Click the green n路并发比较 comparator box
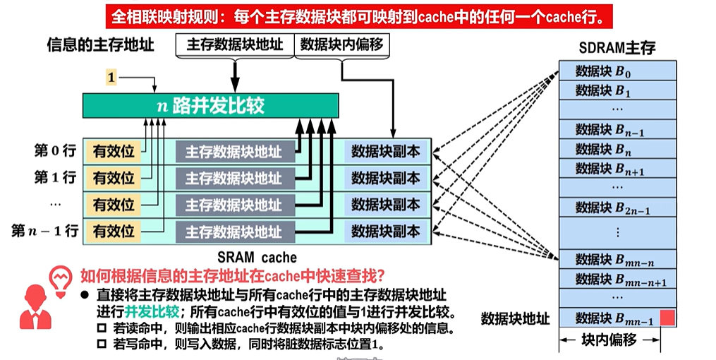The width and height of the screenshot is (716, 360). pyautogui.click(x=210, y=106)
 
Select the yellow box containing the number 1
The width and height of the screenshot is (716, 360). pyautogui.click(x=111, y=76)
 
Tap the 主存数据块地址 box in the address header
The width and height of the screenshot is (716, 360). pyautogui.click(x=235, y=45)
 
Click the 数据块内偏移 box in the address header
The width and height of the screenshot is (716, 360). pyautogui.click(x=341, y=45)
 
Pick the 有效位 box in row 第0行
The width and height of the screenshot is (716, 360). pyautogui.click(x=113, y=151)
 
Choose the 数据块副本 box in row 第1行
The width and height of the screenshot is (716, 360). pyautogui.click(x=385, y=178)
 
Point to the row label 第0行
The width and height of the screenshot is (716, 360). pyautogui.click(x=54, y=151)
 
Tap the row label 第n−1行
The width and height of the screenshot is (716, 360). pyautogui.click(x=44, y=231)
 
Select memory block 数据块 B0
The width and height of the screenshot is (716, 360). pyautogui.click(x=609, y=71)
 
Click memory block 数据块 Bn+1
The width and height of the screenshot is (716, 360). pyautogui.click(x=609, y=169)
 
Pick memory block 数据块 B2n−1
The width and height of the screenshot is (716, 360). pyautogui.click(x=609, y=208)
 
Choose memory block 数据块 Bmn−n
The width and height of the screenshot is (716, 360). pyautogui.click(x=609, y=259)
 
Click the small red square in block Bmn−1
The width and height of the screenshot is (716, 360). pyautogui.click(x=667, y=318)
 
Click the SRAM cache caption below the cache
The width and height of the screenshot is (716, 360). pyautogui.click(x=257, y=258)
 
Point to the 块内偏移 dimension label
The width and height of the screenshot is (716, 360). pyautogui.click(x=609, y=340)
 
